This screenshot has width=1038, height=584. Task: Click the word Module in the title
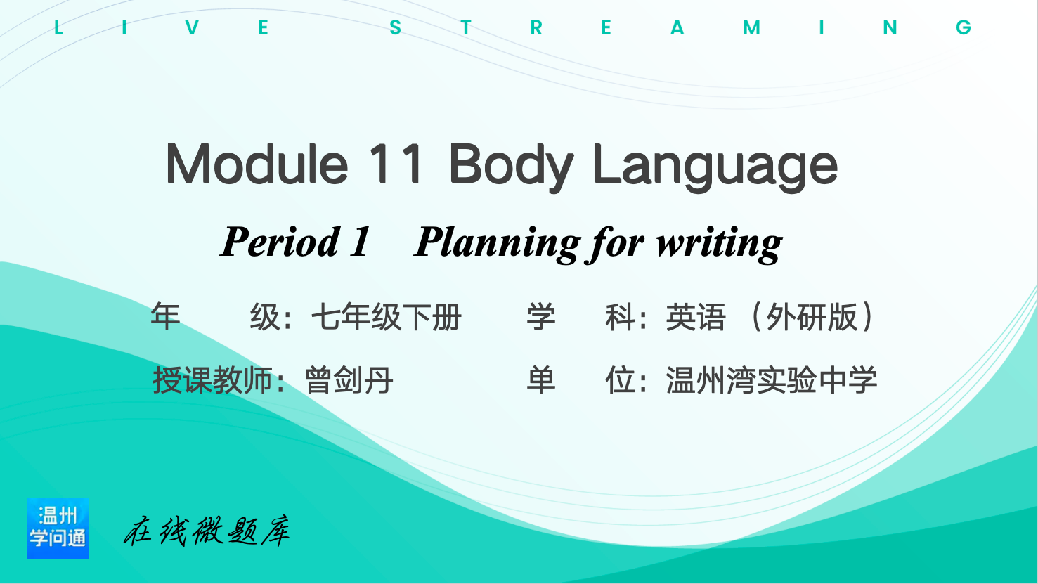257,164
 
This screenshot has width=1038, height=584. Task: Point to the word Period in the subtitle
280,242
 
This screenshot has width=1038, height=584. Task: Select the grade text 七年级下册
387,318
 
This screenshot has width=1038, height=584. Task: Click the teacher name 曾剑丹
349,380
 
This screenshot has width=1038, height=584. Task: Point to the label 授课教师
212,380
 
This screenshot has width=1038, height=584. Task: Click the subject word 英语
696,318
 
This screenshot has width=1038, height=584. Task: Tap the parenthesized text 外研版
812,318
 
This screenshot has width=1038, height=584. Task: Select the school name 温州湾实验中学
772,380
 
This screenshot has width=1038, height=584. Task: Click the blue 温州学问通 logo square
58,528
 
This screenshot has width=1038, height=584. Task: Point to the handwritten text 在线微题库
207,531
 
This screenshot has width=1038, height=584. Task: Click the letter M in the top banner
751,28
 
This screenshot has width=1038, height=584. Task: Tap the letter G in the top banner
964,28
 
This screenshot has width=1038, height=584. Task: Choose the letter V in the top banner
192,28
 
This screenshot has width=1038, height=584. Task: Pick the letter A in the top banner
677,28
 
